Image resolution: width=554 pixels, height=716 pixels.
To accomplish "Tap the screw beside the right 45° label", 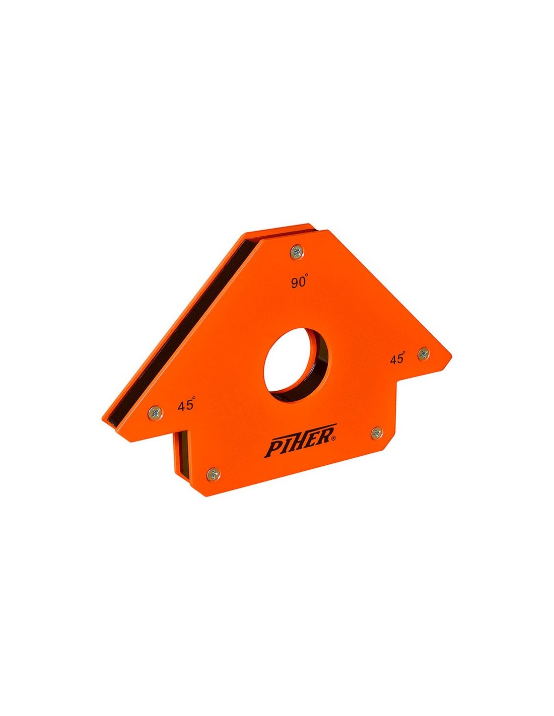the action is (x=424, y=354).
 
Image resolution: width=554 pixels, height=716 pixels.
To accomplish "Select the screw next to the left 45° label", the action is (x=155, y=411).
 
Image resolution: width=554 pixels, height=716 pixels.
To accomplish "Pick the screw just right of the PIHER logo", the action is (x=377, y=433).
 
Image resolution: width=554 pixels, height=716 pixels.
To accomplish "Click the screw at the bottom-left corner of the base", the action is (x=214, y=474).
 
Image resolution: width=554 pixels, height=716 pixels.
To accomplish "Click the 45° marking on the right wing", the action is (x=398, y=359).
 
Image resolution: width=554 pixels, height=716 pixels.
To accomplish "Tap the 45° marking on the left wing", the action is (x=186, y=405).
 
